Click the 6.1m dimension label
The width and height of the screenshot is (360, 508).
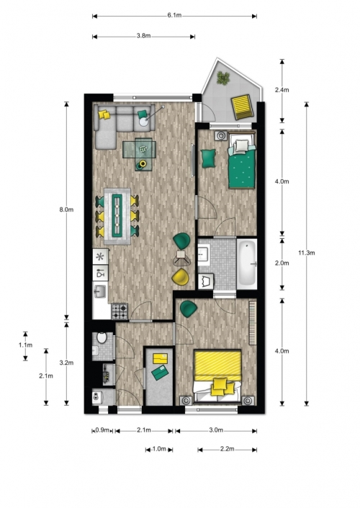(174, 16)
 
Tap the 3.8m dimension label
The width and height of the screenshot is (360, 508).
(143, 36)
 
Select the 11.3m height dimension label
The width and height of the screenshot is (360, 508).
(307, 253)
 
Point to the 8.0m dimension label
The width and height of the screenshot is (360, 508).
(66, 209)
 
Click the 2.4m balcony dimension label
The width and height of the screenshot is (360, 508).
(282, 90)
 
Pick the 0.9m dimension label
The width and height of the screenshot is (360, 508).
(102, 430)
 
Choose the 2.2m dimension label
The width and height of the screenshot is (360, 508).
(227, 449)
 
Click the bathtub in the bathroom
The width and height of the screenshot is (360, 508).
(247, 264)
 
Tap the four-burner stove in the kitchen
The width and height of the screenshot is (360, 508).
(120, 312)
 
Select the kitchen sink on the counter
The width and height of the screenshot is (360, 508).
(100, 291)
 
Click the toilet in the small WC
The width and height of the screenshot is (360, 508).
(102, 338)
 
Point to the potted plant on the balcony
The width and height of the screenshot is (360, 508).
(223, 78)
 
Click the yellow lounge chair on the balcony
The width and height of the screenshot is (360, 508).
(243, 106)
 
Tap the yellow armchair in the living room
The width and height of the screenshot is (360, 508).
(180, 277)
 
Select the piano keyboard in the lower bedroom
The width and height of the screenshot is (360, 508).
(253, 323)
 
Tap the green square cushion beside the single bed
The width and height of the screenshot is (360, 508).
(208, 158)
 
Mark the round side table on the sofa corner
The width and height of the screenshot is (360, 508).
(144, 122)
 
